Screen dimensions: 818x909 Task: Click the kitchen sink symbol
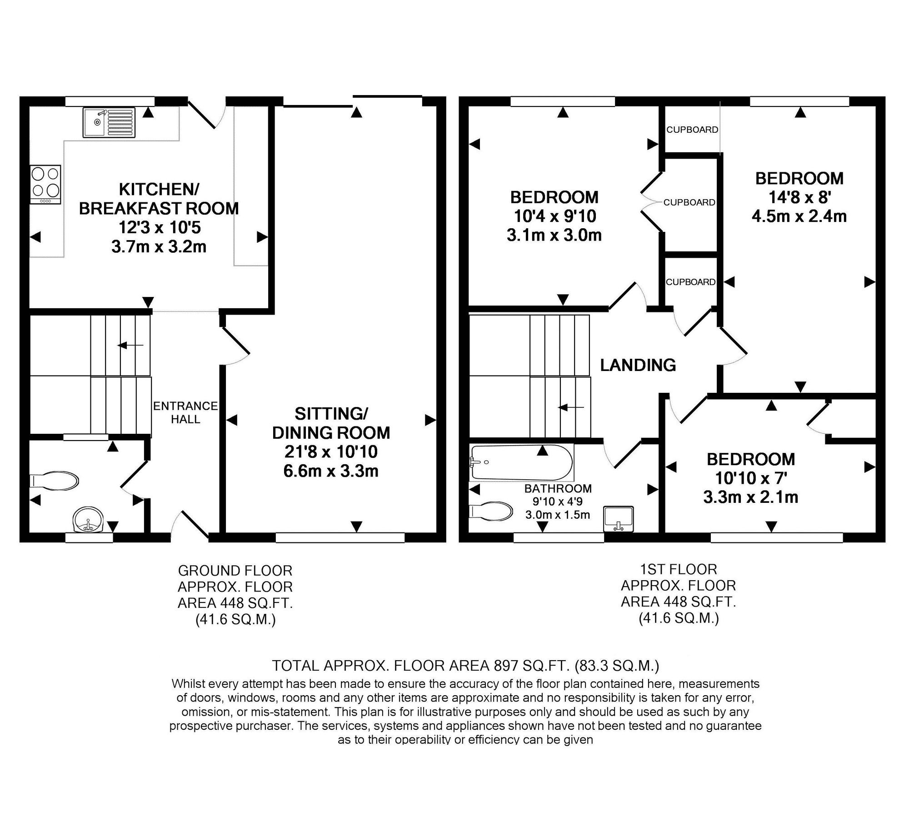tap(109, 122)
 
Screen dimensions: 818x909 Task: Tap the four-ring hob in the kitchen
tap(45, 184)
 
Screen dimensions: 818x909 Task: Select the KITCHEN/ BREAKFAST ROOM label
tap(159, 198)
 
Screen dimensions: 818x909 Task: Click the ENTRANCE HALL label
tap(185, 412)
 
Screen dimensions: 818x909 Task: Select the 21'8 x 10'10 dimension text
tap(331, 452)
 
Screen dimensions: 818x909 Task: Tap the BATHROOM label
tap(558, 489)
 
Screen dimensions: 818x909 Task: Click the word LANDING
tap(638, 365)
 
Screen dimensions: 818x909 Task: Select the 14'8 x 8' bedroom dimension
tap(799, 197)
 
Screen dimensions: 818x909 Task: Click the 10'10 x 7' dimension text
tap(751, 478)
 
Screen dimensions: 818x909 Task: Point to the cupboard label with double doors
tap(689, 202)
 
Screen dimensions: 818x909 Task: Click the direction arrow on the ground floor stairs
tap(130, 346)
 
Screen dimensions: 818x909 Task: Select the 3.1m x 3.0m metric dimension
tap(554, 235)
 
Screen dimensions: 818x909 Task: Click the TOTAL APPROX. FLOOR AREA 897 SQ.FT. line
tap(465, 666)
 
